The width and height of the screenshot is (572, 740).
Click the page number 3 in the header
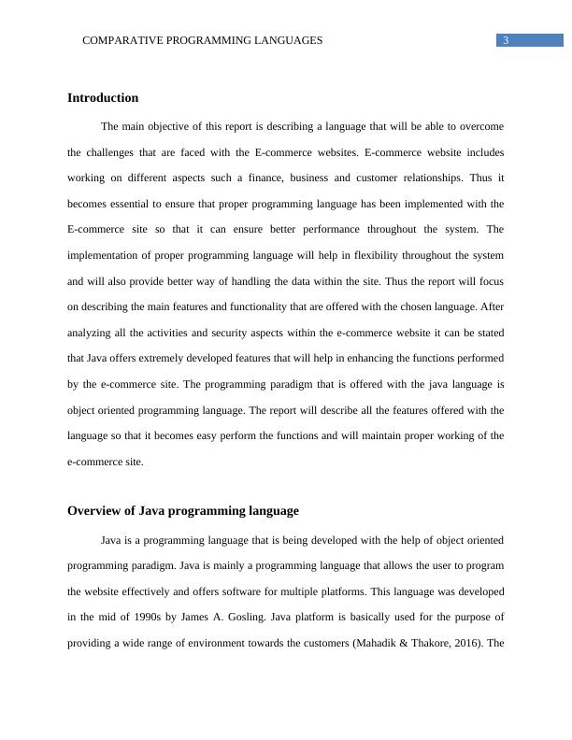(x=506, y=40)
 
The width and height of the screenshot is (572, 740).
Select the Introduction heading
(x=103, y=98)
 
